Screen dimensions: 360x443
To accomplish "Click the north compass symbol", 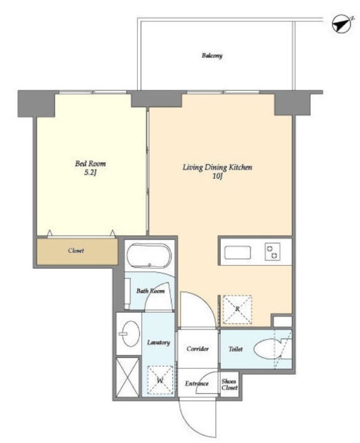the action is [343, 25].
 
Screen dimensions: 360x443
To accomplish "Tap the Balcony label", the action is [212, 55].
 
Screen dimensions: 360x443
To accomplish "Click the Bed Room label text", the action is [91, 163].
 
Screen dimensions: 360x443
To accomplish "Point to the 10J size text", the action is [217, 177].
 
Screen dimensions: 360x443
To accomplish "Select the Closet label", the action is [75, 251].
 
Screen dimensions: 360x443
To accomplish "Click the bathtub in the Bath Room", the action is [149, 255].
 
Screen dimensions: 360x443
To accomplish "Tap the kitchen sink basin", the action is [237, 253].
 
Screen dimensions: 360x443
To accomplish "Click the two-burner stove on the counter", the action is [272, 252].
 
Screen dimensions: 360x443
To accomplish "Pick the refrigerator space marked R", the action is [237, 309].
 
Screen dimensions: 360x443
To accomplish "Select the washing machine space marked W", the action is [160, 380].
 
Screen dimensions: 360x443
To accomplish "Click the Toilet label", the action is [235, 349].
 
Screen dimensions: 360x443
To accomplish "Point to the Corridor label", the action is [197, 349].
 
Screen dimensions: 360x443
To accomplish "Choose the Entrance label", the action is [197, 383].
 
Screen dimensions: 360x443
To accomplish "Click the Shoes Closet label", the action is [229, 385].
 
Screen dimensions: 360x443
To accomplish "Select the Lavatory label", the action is [159, 343].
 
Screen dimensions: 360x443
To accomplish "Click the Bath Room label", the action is [150, 291].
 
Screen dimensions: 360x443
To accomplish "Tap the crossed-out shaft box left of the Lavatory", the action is [127, 377].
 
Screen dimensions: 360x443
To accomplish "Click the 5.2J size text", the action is [91, 173].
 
